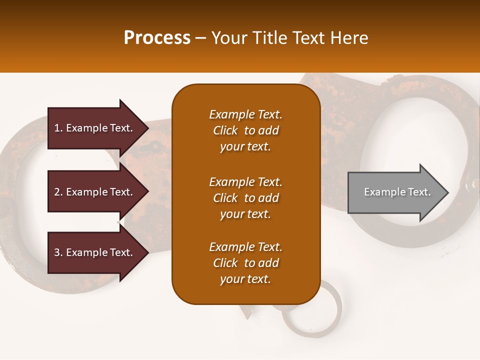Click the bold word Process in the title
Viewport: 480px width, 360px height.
pos(157,38)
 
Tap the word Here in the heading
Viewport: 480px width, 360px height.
pos(349,38)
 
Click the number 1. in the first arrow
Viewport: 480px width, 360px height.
pos(58,128)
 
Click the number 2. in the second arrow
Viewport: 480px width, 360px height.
pos(58,192)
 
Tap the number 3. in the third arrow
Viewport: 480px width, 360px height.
pos(58,252)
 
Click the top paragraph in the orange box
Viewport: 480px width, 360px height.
pos(245,130)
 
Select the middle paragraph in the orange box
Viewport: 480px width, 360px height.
pos(245,198)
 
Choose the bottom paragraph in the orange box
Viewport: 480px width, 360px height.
pos(245,263)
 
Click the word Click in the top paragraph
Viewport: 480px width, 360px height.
pos(225,130)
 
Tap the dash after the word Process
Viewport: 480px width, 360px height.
pos(200,38)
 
